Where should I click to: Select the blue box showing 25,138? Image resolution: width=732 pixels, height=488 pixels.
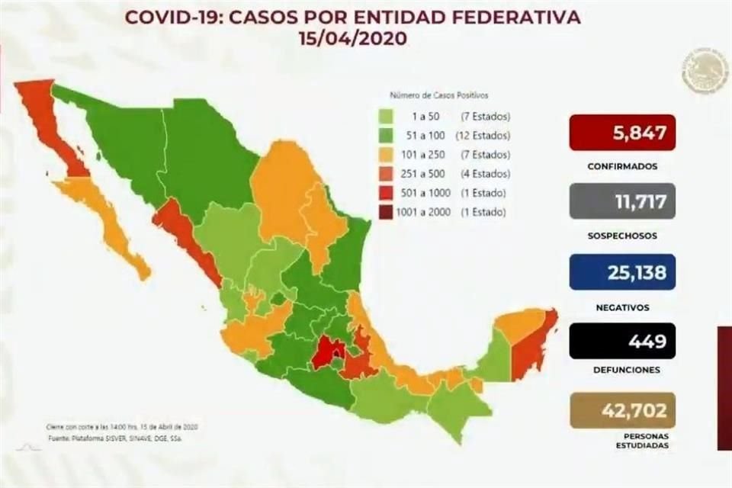[x=622, y=272]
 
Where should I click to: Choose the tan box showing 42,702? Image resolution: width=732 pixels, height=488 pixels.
[x=622, y=411]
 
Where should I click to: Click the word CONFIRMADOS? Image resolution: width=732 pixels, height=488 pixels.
[x=623, y=165]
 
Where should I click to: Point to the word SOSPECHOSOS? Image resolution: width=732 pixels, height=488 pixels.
[x=623, y=236]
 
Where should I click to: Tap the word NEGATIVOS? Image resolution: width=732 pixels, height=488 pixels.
[x=623, y=307]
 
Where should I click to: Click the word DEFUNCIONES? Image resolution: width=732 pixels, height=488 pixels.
[x=623, y=370]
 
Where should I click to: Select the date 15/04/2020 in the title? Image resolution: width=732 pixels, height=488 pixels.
[x=352, y=38]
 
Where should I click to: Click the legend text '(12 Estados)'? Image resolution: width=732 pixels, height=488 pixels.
[x=485, y=135]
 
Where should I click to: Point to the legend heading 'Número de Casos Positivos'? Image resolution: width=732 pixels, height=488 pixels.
[x=439, y=96]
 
